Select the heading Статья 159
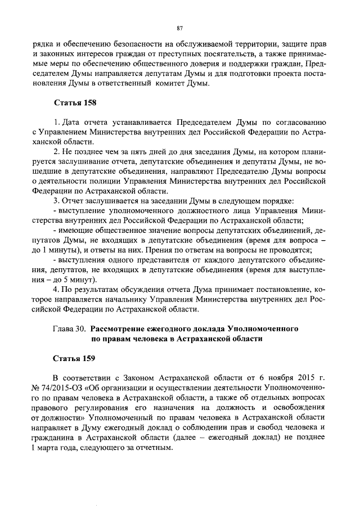point(75,358)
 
